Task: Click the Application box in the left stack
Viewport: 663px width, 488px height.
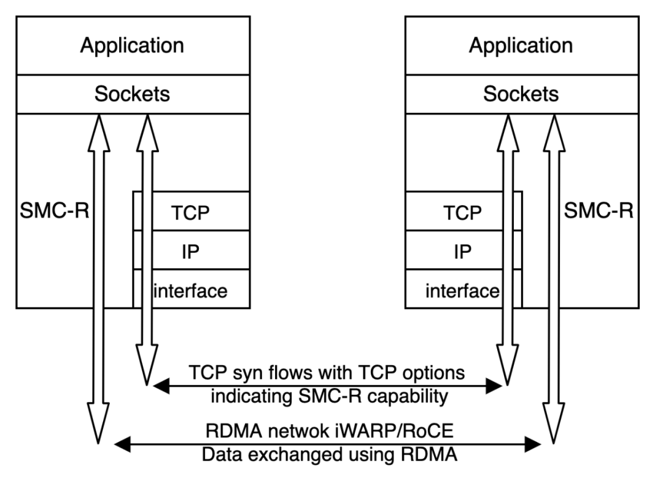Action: (133, 45)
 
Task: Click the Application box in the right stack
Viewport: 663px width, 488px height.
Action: (522, 45)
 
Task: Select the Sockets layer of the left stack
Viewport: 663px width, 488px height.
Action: (133, 95)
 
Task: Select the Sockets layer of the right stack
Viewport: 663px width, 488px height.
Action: (522, 95)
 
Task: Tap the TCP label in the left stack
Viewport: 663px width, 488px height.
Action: (190, 213)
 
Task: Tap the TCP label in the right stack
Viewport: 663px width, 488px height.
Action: (463, 213)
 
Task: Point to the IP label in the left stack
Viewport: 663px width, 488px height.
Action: (191, 252)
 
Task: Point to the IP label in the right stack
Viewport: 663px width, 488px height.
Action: (463, 252)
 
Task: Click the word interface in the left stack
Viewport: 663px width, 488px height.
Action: (190, 291)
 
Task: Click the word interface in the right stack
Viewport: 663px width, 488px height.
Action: (463, 291)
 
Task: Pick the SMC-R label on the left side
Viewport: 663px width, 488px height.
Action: (55, 210)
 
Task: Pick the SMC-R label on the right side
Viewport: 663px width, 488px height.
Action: (599, 210)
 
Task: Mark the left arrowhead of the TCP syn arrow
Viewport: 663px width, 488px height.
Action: (161, 385)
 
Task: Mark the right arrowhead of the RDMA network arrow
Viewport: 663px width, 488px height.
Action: (533, 444)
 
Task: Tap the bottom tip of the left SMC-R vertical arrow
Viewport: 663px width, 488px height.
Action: (98, 444)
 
